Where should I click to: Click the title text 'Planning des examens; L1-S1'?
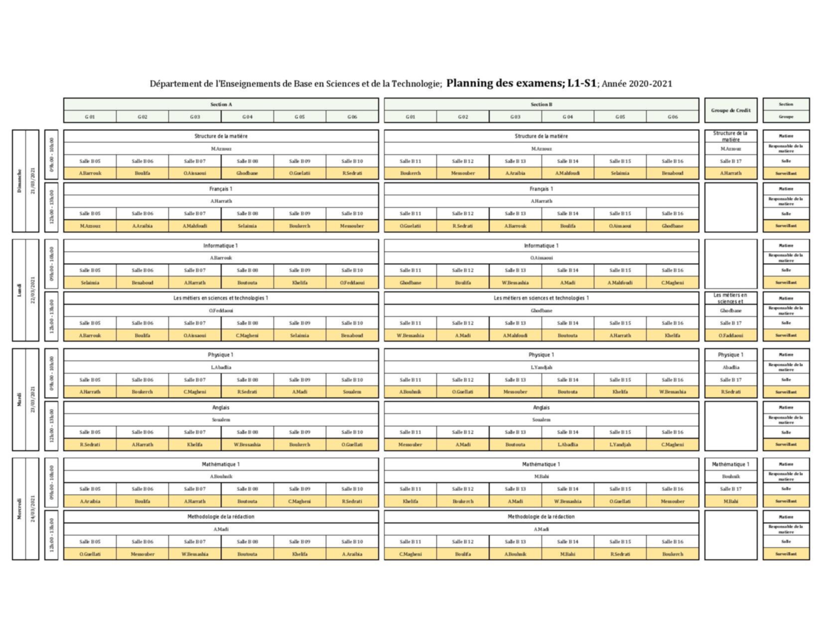[x=521, y=83]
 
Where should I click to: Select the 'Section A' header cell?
[x=221, y=105]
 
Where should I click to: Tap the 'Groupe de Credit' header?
[x=730, y=110]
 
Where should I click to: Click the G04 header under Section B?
[x=567, y=117]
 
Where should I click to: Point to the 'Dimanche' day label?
[x=19, y=181]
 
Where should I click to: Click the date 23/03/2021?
[x=33, y=399]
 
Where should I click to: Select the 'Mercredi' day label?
[x=19, y=509]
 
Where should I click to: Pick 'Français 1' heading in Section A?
[x=221, y=189]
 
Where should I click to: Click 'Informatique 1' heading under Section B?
[x=541, y=246]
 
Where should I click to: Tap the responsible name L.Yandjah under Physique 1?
[x=541, y=367]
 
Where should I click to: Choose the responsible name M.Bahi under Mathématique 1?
[x=541, y=477]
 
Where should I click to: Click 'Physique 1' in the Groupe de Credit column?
[x=730, y=355]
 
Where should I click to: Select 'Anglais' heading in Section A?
[x=221, y=407]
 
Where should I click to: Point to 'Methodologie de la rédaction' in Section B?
[x=541, y=516]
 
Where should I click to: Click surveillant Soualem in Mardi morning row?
[x=352, y=392]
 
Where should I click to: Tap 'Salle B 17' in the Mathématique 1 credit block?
[x=730, y=489]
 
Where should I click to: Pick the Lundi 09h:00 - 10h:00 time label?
[x=51, y=264]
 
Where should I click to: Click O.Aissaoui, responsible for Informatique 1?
[x=541, y=258]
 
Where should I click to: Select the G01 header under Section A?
[x=90, y=117]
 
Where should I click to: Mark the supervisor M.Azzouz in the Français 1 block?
[x=90, y=226]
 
